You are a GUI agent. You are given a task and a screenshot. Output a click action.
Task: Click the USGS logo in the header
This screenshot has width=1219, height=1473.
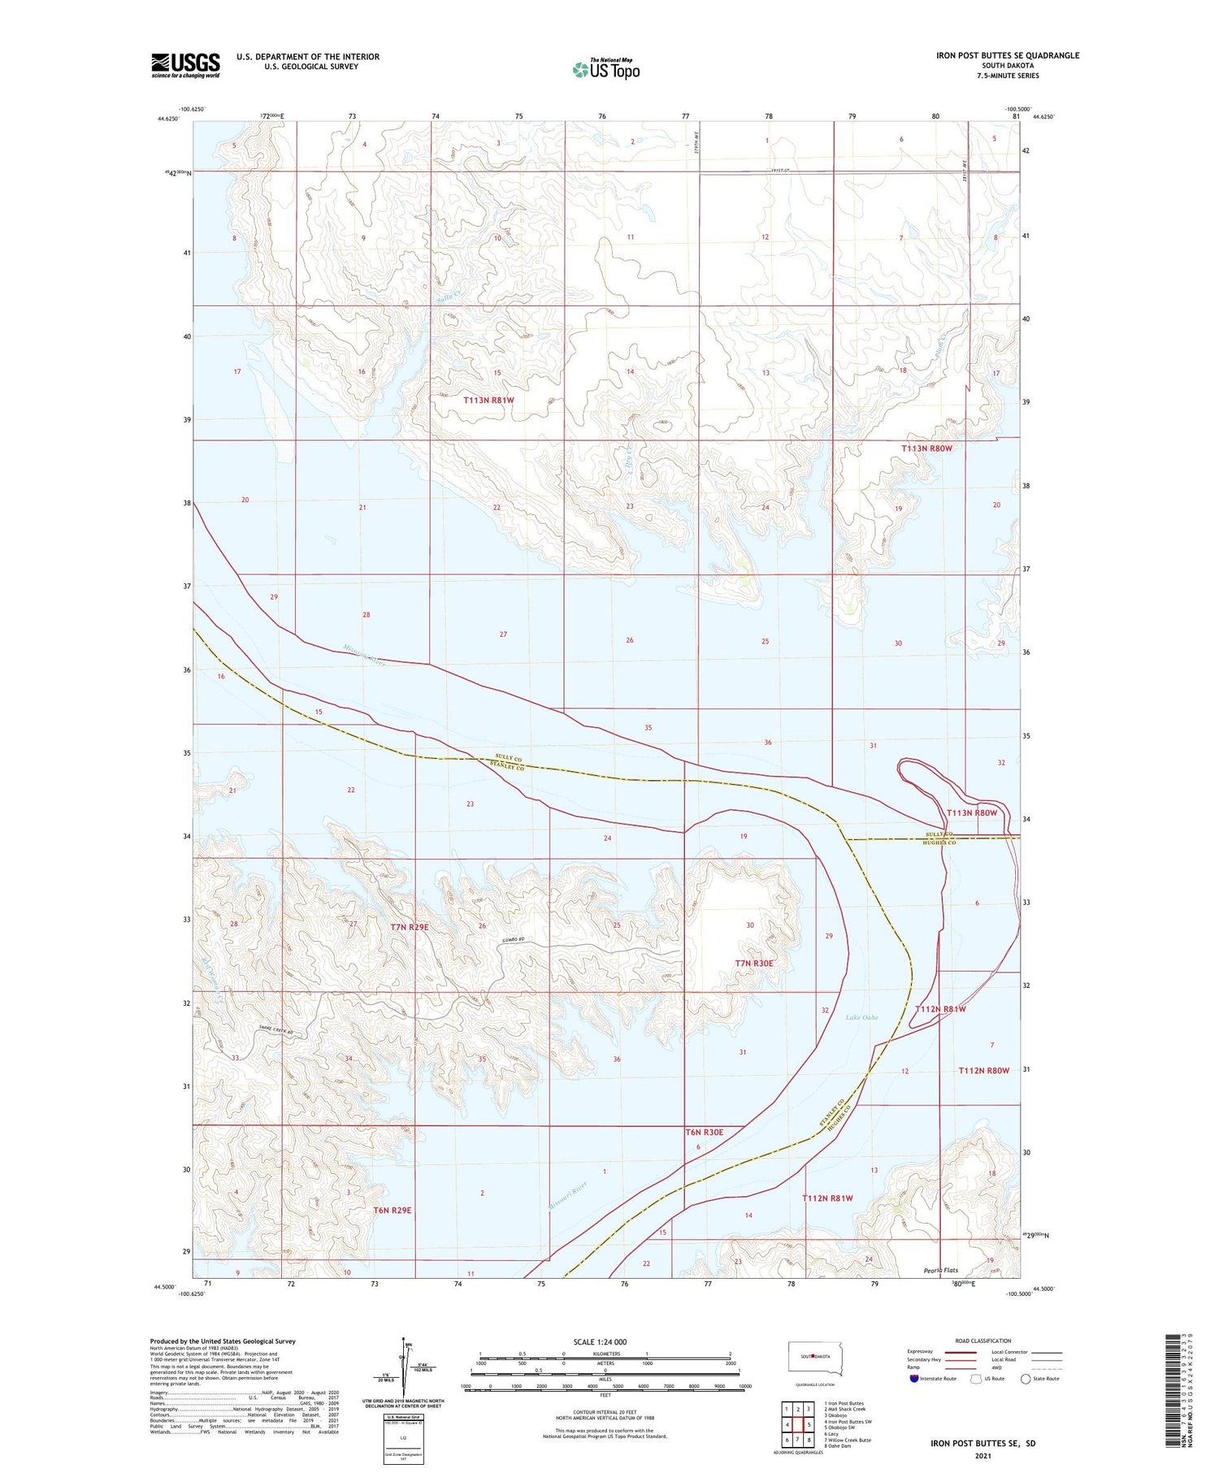click(185, 65)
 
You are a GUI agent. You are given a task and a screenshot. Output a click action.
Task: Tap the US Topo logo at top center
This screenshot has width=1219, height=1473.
click(606, 69)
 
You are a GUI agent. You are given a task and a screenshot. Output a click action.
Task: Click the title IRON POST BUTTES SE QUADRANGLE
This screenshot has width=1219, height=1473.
click(1007, 55)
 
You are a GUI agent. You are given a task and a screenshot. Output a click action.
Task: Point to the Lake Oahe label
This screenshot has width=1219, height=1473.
click(861, 1017)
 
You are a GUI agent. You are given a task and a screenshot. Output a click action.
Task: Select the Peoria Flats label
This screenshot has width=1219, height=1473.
click(941, 1270)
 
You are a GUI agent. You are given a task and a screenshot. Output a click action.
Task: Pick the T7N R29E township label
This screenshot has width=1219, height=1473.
click(409, 926)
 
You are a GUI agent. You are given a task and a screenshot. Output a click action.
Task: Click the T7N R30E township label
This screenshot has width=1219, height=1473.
click(754, 963)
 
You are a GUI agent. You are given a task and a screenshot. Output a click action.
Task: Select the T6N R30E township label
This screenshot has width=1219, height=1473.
click(704, 1132)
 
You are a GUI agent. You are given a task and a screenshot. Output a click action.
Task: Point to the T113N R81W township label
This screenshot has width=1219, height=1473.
click(488, 400)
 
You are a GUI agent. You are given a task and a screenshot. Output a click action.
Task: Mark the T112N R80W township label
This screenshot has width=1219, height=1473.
click(983, 1070)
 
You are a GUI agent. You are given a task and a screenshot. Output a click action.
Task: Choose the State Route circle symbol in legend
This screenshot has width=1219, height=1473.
click(1026, 1379)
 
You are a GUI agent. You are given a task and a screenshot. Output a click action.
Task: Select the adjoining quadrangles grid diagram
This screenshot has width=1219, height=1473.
click(797, 1423)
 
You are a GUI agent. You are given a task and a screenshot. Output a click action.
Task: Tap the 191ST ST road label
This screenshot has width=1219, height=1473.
click(780, 171)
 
